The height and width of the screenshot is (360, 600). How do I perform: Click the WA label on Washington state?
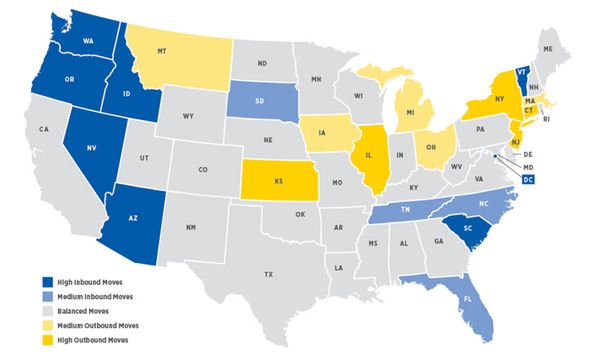coord(87,41)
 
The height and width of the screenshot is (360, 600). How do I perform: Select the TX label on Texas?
coord(268,273)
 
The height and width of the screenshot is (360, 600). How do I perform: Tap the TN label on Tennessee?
coord(404,211)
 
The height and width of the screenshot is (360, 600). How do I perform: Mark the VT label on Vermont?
coord(522,72)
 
